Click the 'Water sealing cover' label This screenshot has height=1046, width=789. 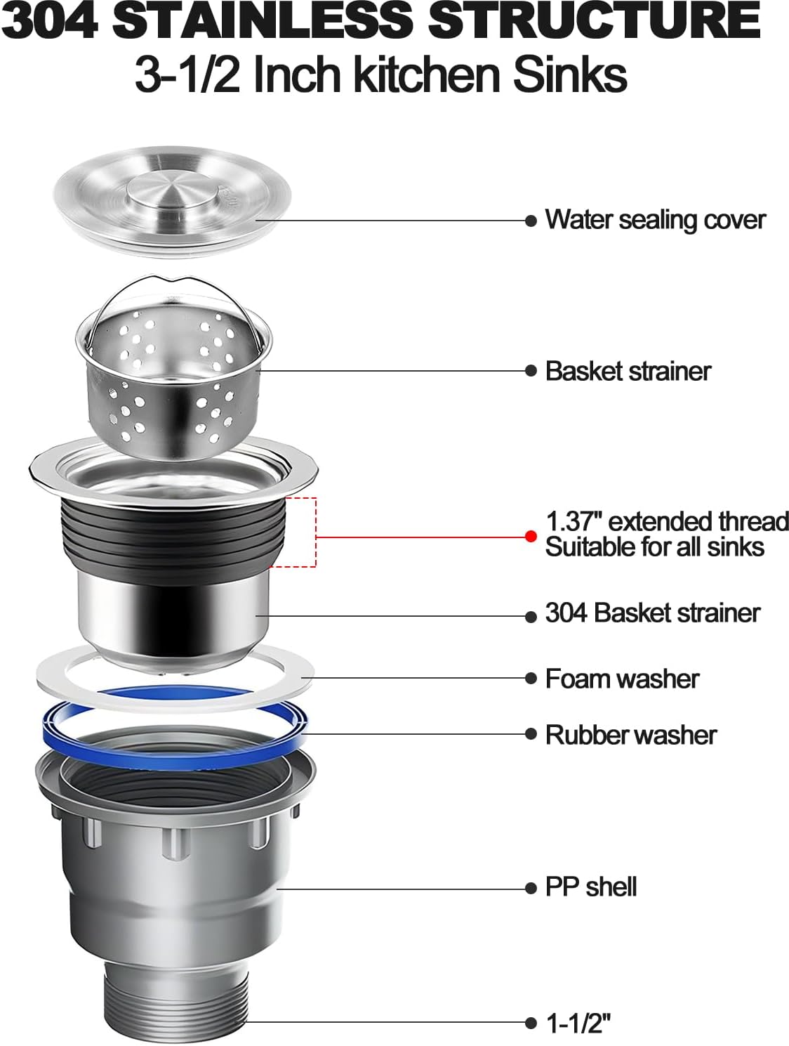(x=654, y=220)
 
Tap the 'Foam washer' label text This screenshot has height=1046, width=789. (x=622, y=679)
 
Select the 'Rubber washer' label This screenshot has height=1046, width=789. (x=630, y=735)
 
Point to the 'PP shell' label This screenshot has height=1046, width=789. (x=590, y=887)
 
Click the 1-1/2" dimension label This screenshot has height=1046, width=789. (x=578, y=1023)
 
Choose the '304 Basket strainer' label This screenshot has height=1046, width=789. (x=652, y=613)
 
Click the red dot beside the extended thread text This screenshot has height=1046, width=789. (x=531, y=536)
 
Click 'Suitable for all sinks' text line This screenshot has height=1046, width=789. (x=654, y=547)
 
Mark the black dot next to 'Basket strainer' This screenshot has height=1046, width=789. (x=531, y=371)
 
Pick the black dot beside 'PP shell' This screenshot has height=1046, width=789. (x=531, y=888)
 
